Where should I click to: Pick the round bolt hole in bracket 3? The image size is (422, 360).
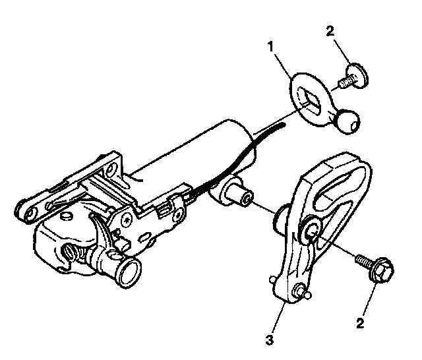click(x=313, y=231)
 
